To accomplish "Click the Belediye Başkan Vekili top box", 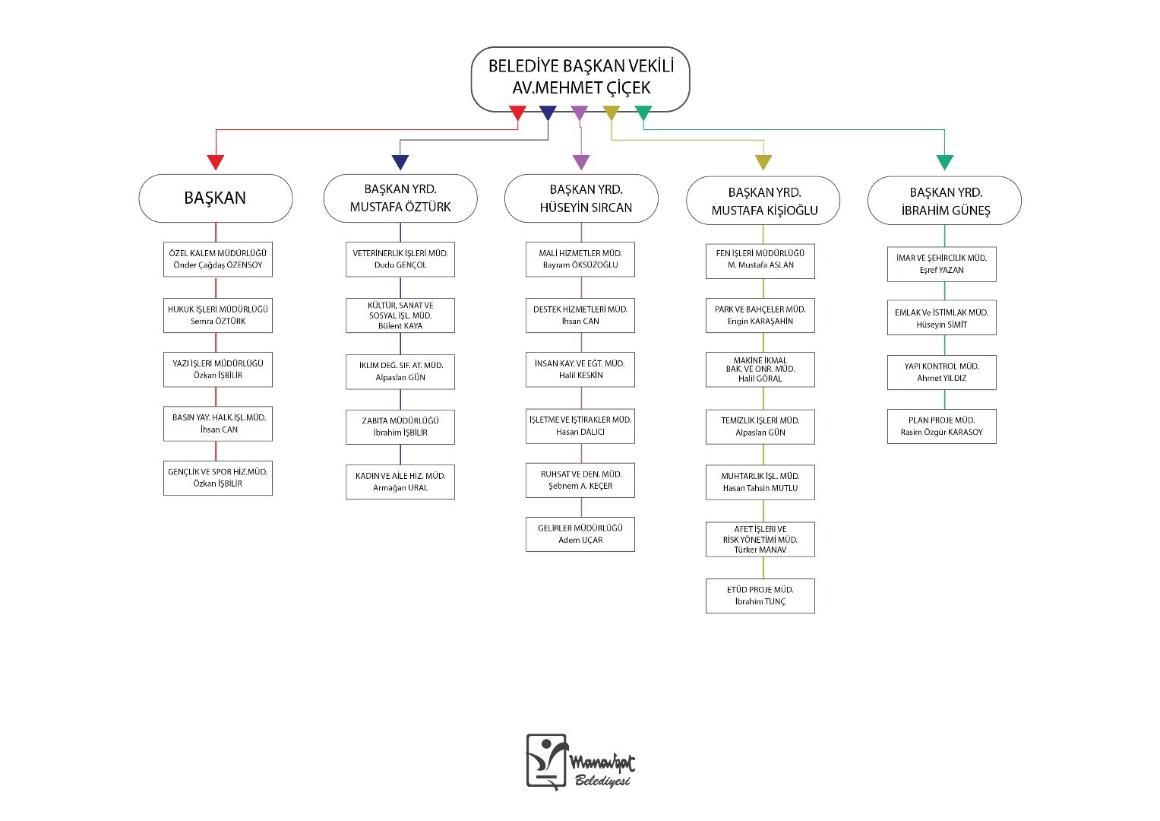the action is click(x=580, y=79).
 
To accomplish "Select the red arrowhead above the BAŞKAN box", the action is click(x=216, y=162).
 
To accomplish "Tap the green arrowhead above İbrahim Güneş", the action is click(x=944, y=162).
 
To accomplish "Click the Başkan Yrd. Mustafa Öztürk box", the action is click(x=400, y=198).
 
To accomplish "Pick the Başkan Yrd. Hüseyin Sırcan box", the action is click(x=581, y=198).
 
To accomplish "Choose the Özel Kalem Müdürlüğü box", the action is click(x=218, y=259).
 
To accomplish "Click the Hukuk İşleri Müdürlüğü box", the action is click(x=218, y=315).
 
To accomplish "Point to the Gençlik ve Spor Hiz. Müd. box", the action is click(x=218, y=478).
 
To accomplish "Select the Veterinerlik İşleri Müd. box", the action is click(x=400, y=259).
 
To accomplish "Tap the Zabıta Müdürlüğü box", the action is click(x=400, y=427).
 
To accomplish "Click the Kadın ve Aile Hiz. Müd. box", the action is click(x=400, y=482).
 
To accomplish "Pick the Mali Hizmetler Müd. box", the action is click(x=580, y=259).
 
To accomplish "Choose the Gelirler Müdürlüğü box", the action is click(x=580, y=534).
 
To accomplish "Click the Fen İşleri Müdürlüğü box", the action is click(x=760, y=262).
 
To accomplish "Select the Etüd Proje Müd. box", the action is click(x=760, y=596).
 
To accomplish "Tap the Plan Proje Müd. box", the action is click(x=942, y=426).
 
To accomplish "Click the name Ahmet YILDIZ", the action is click(x=942, y=379).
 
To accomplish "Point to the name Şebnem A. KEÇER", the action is click(x=580, y=487).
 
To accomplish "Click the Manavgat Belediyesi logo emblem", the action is click(x=547, y=762).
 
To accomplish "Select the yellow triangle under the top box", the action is click(x=611, y=113).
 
